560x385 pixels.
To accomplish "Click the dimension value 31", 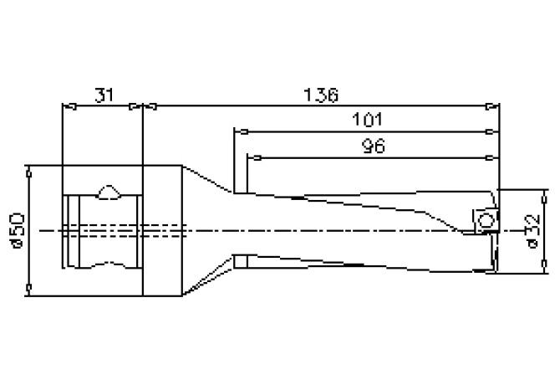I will [x=104, y=95].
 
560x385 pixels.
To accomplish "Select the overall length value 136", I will [x=321, y=95].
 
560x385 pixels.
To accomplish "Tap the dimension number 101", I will [x=364, y=121].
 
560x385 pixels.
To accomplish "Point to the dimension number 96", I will [x=372, y=146].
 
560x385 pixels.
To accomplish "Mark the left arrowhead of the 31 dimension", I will [x=69, y=106].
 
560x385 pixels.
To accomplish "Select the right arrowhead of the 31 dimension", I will [x=136, y=106].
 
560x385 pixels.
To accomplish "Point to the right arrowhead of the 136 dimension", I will [x=492, y=106].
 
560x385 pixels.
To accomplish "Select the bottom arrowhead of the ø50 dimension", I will [x=30, y=289].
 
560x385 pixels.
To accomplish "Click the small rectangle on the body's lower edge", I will [x=241, y=261].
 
